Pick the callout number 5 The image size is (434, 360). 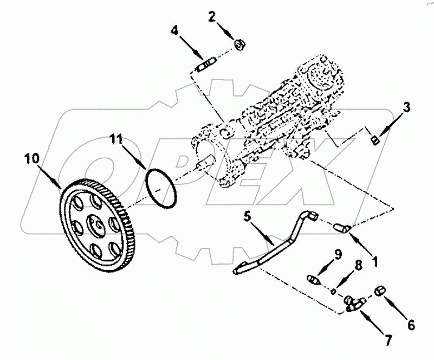tap(247, 217)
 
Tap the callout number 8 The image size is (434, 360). tap(357, 266)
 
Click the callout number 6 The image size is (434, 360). tap(411, 325)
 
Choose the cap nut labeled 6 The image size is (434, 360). tap(381, 292)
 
